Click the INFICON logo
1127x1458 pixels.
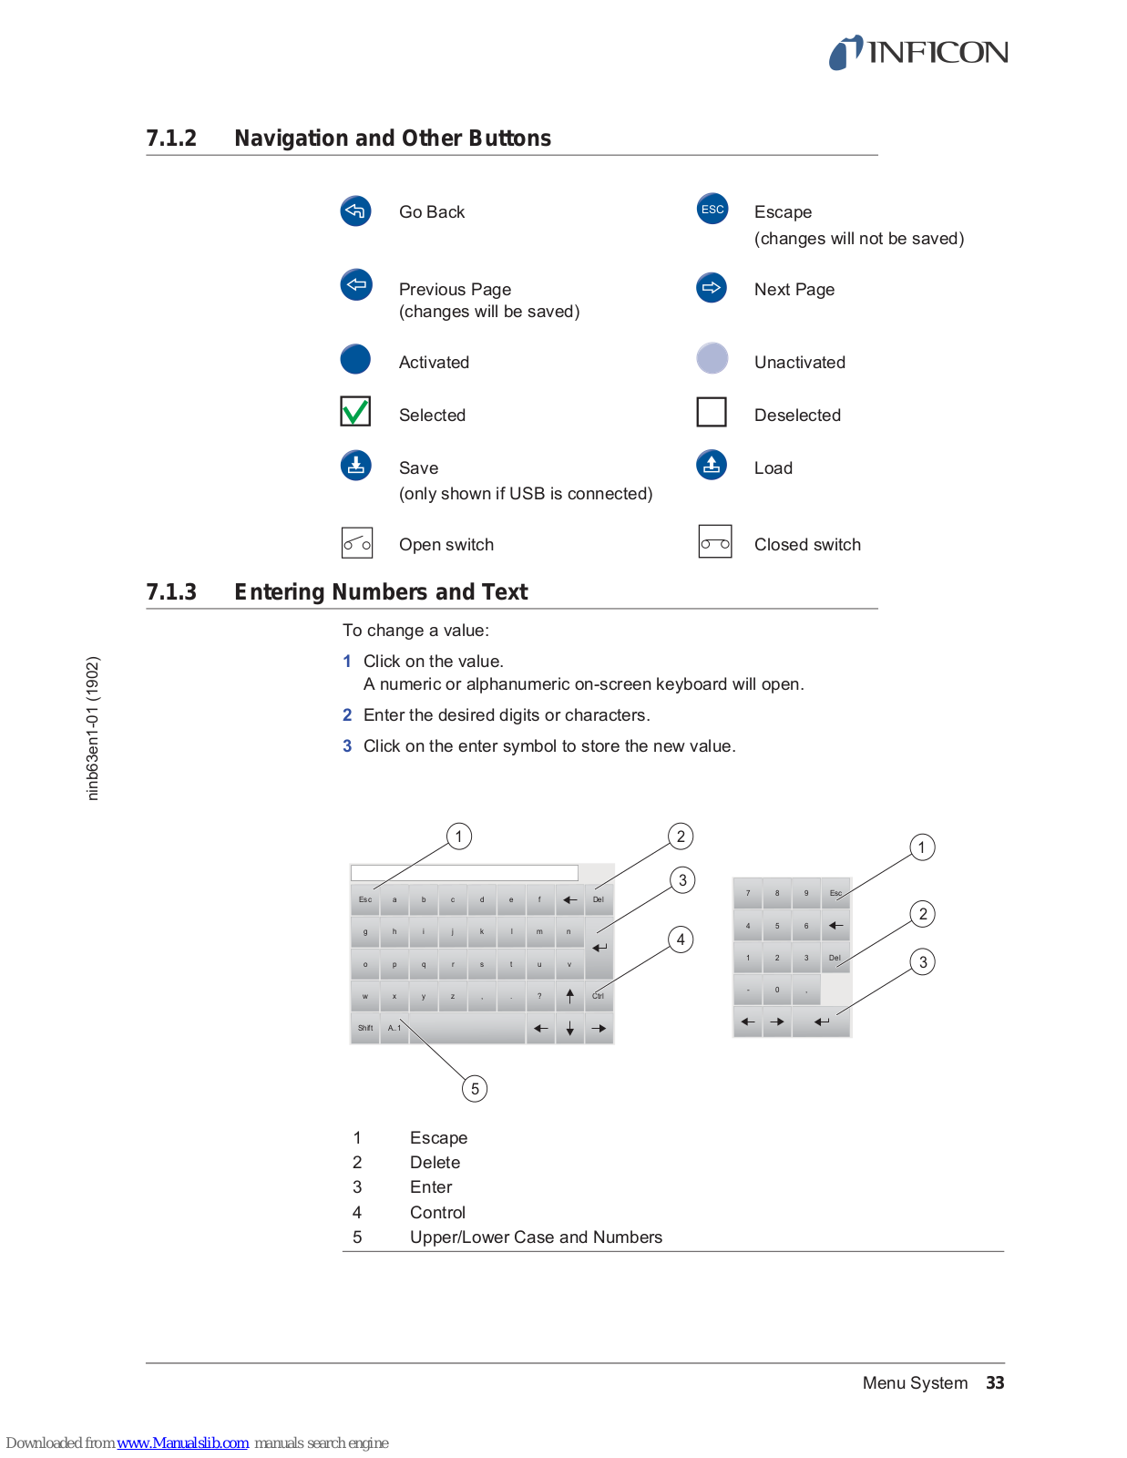(918, 53)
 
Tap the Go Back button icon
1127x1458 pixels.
(355, 210)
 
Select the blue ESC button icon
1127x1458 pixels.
(712, 209)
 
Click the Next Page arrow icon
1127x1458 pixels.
(712, 287)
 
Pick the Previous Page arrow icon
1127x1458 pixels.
(355, 284)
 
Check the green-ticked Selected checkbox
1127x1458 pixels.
(355, 412)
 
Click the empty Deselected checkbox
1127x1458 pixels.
(712, 412)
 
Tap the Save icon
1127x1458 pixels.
(355, 465)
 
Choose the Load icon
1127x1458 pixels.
(712, 465)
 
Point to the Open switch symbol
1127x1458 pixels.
(357, 543)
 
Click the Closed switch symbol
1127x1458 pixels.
(715, 542)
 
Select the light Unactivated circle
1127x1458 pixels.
(712, 358)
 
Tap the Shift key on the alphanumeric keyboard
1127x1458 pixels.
(365, 1028)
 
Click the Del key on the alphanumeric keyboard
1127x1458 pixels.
(599, 899)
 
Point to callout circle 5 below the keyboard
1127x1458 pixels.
(475, 1089)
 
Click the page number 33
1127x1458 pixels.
(995, 1382)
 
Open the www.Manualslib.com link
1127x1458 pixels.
(182, 1443)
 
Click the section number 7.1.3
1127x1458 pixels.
(171, 592)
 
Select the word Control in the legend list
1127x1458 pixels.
(437, 1212)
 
